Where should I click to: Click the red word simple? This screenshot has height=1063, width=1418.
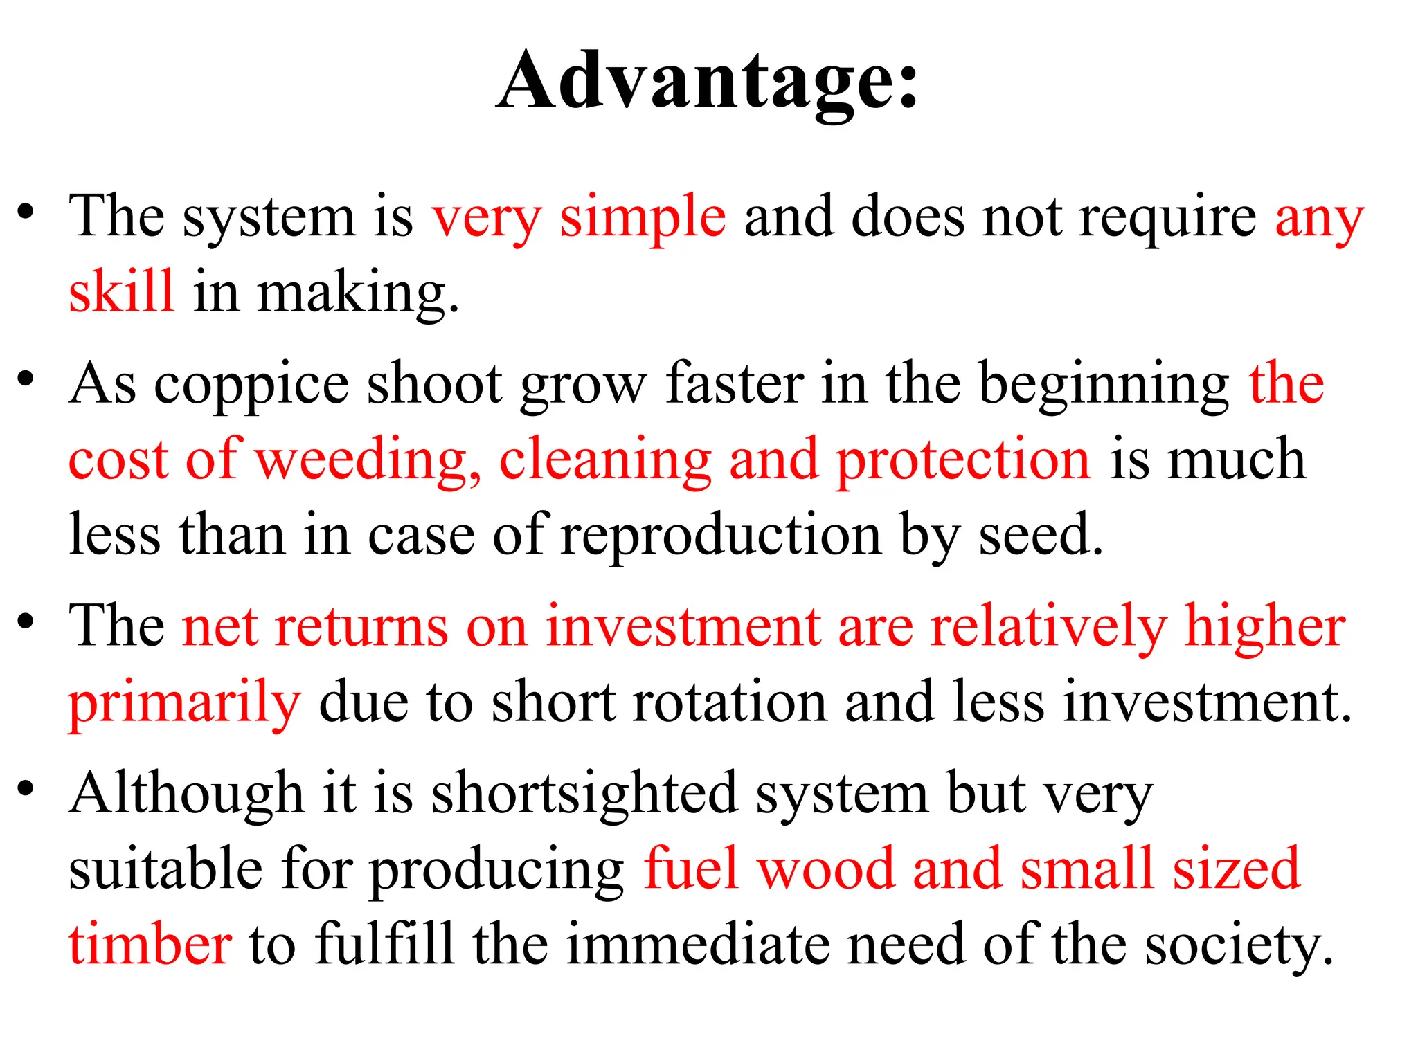click(643, 217)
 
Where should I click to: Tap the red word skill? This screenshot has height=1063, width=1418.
click(121, 292)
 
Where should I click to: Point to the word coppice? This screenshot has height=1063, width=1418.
click(251, 385)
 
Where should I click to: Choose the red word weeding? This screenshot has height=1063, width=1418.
click(368, 460)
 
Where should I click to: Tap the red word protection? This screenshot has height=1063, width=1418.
click(963, 460)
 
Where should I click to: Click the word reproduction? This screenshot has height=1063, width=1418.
click(721, 534)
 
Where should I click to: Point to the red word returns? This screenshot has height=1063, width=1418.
click(361, 627)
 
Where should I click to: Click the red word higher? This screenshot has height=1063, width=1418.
click(1264, 627)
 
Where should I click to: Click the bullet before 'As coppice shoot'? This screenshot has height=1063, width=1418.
click(26, 379)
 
